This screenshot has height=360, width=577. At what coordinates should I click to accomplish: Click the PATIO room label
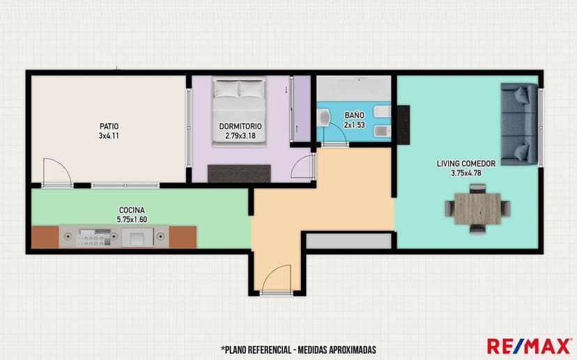click(x=109, y=127)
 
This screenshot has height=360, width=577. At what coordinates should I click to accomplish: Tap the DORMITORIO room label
click(x=240, y=127)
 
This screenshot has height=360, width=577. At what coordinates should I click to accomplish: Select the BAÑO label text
click(x=355, y=115)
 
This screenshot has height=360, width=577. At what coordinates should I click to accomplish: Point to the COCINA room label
click(x=132, y=210)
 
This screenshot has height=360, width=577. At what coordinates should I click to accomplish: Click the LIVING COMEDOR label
click(x=466, y=164)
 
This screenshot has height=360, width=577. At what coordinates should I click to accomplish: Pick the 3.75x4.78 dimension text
click(x=466, y=173)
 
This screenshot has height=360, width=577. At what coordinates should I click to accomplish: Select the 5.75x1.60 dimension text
click(x=132, y=219)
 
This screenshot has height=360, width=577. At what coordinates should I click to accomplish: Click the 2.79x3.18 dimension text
click(x=240, y=136)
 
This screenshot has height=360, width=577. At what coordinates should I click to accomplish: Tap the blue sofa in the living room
click(x=519, y=124)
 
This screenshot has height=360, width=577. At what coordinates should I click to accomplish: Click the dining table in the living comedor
click(x=477, y=209)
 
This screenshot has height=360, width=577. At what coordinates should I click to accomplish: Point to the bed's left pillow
click(x=226, y=89)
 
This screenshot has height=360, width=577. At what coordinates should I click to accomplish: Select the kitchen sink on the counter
click(x=137, y=237)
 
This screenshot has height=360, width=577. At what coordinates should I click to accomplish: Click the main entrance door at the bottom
click(x=277, y=279)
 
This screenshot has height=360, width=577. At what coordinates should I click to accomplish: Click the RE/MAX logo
click(x=529, y=346)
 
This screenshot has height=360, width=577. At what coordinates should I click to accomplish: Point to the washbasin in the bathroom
click(x=324, y=117)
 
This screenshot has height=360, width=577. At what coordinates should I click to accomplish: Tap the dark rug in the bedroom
click(x=239, y=173)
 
